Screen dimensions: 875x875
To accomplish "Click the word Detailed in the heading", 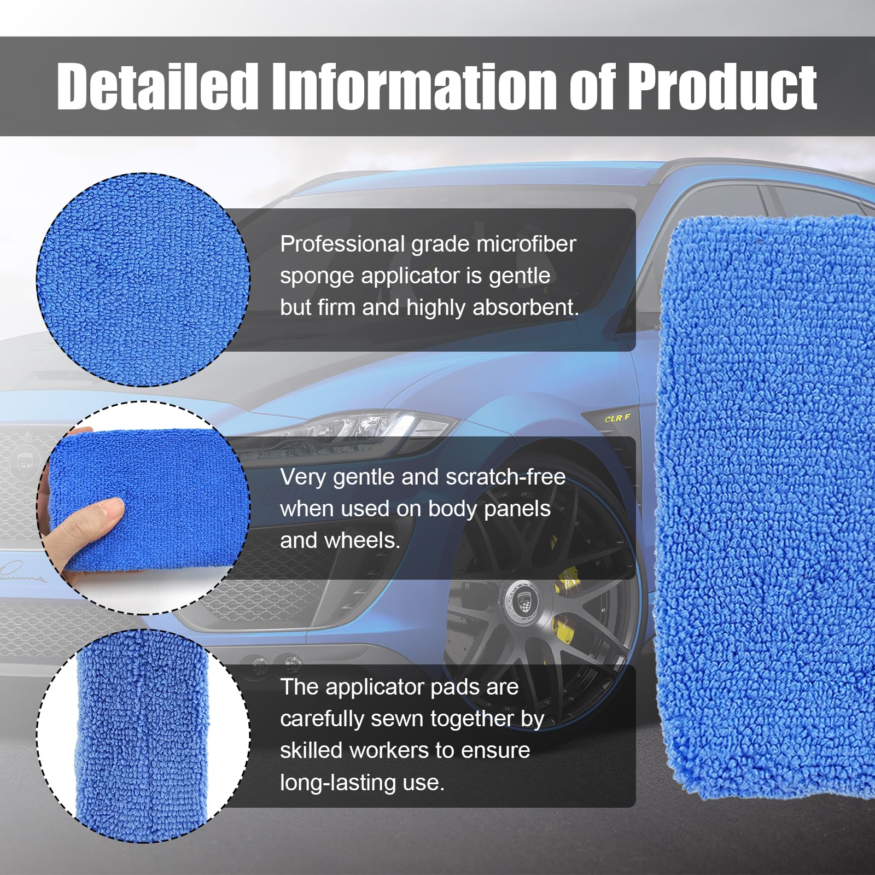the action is pos(157,86).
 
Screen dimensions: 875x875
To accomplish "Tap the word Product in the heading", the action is pos(722,86).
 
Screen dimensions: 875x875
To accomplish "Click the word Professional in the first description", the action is pos(342,244).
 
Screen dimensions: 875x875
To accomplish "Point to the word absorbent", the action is pos(526,307).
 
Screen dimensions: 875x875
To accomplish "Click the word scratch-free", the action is pos(505,477).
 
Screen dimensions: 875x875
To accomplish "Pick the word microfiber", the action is pos(526,244).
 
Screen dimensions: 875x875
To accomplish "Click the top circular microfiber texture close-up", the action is pos(143,280).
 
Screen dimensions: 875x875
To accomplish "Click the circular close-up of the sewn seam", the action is pos(143,736).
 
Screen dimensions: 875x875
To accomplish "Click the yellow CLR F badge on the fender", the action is pos(617,418).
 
